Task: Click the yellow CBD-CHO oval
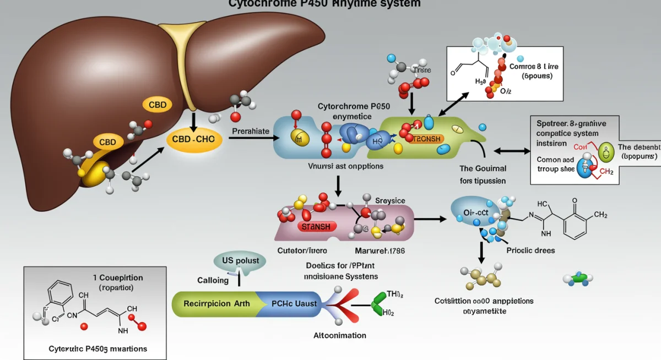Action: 193,140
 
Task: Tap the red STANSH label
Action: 316,226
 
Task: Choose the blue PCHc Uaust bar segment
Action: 292,303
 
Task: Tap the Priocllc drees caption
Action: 530,250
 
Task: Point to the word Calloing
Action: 213,280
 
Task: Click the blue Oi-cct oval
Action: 472,212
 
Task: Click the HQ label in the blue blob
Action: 377,141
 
